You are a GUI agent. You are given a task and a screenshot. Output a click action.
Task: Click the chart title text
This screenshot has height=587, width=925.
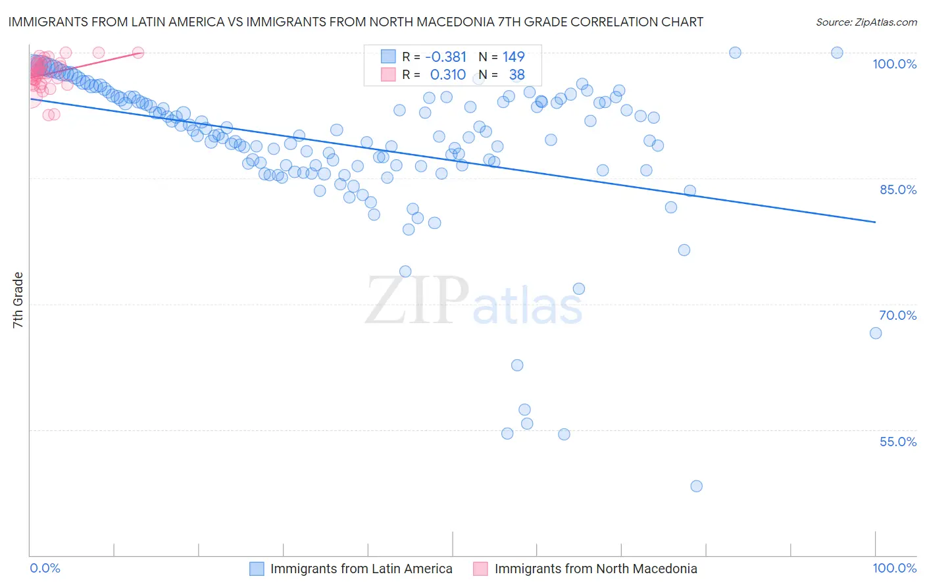pos(356,22)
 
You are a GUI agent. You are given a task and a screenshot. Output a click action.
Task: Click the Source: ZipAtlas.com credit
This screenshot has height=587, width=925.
pos(866,22)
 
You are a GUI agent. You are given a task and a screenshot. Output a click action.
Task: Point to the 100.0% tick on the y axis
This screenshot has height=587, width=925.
pos(894,64)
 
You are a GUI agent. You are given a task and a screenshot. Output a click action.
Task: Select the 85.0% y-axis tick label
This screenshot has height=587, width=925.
pos(897,190)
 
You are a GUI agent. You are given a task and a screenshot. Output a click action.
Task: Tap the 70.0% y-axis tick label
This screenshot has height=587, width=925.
pos(897,315)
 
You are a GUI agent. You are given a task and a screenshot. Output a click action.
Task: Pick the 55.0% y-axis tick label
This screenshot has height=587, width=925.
pos(897,442)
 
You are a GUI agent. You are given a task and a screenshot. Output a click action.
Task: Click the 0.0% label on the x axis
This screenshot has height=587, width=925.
pos(45,568)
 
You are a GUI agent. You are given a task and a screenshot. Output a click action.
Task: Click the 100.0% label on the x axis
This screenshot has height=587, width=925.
pos(894,568)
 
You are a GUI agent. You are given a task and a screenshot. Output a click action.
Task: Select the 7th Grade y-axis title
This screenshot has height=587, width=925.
pos(18,300)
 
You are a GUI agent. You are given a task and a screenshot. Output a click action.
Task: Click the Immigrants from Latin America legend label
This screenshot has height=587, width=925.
pos(361,569)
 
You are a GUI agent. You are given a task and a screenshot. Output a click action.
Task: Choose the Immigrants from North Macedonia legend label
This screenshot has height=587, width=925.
pos(595,569)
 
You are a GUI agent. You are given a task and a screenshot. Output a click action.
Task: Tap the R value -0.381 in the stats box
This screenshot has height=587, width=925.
pos(445,57)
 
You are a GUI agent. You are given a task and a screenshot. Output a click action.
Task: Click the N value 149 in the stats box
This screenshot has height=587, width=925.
pos(513,57)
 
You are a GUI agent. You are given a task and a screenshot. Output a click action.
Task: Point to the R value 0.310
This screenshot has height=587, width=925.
pos(447,75)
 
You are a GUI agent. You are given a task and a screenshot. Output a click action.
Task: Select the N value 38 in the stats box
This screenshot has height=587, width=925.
pos(516,75)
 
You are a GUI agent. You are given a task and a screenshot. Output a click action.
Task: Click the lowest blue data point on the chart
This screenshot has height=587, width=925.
pos(696,486)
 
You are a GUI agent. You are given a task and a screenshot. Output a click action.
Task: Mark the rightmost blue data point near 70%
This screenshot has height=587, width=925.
pos(876,333)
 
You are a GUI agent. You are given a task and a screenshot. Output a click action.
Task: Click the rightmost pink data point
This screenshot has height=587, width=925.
pos(138,53)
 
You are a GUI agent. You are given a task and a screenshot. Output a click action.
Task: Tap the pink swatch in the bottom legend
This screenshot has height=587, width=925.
pos(480,569)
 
